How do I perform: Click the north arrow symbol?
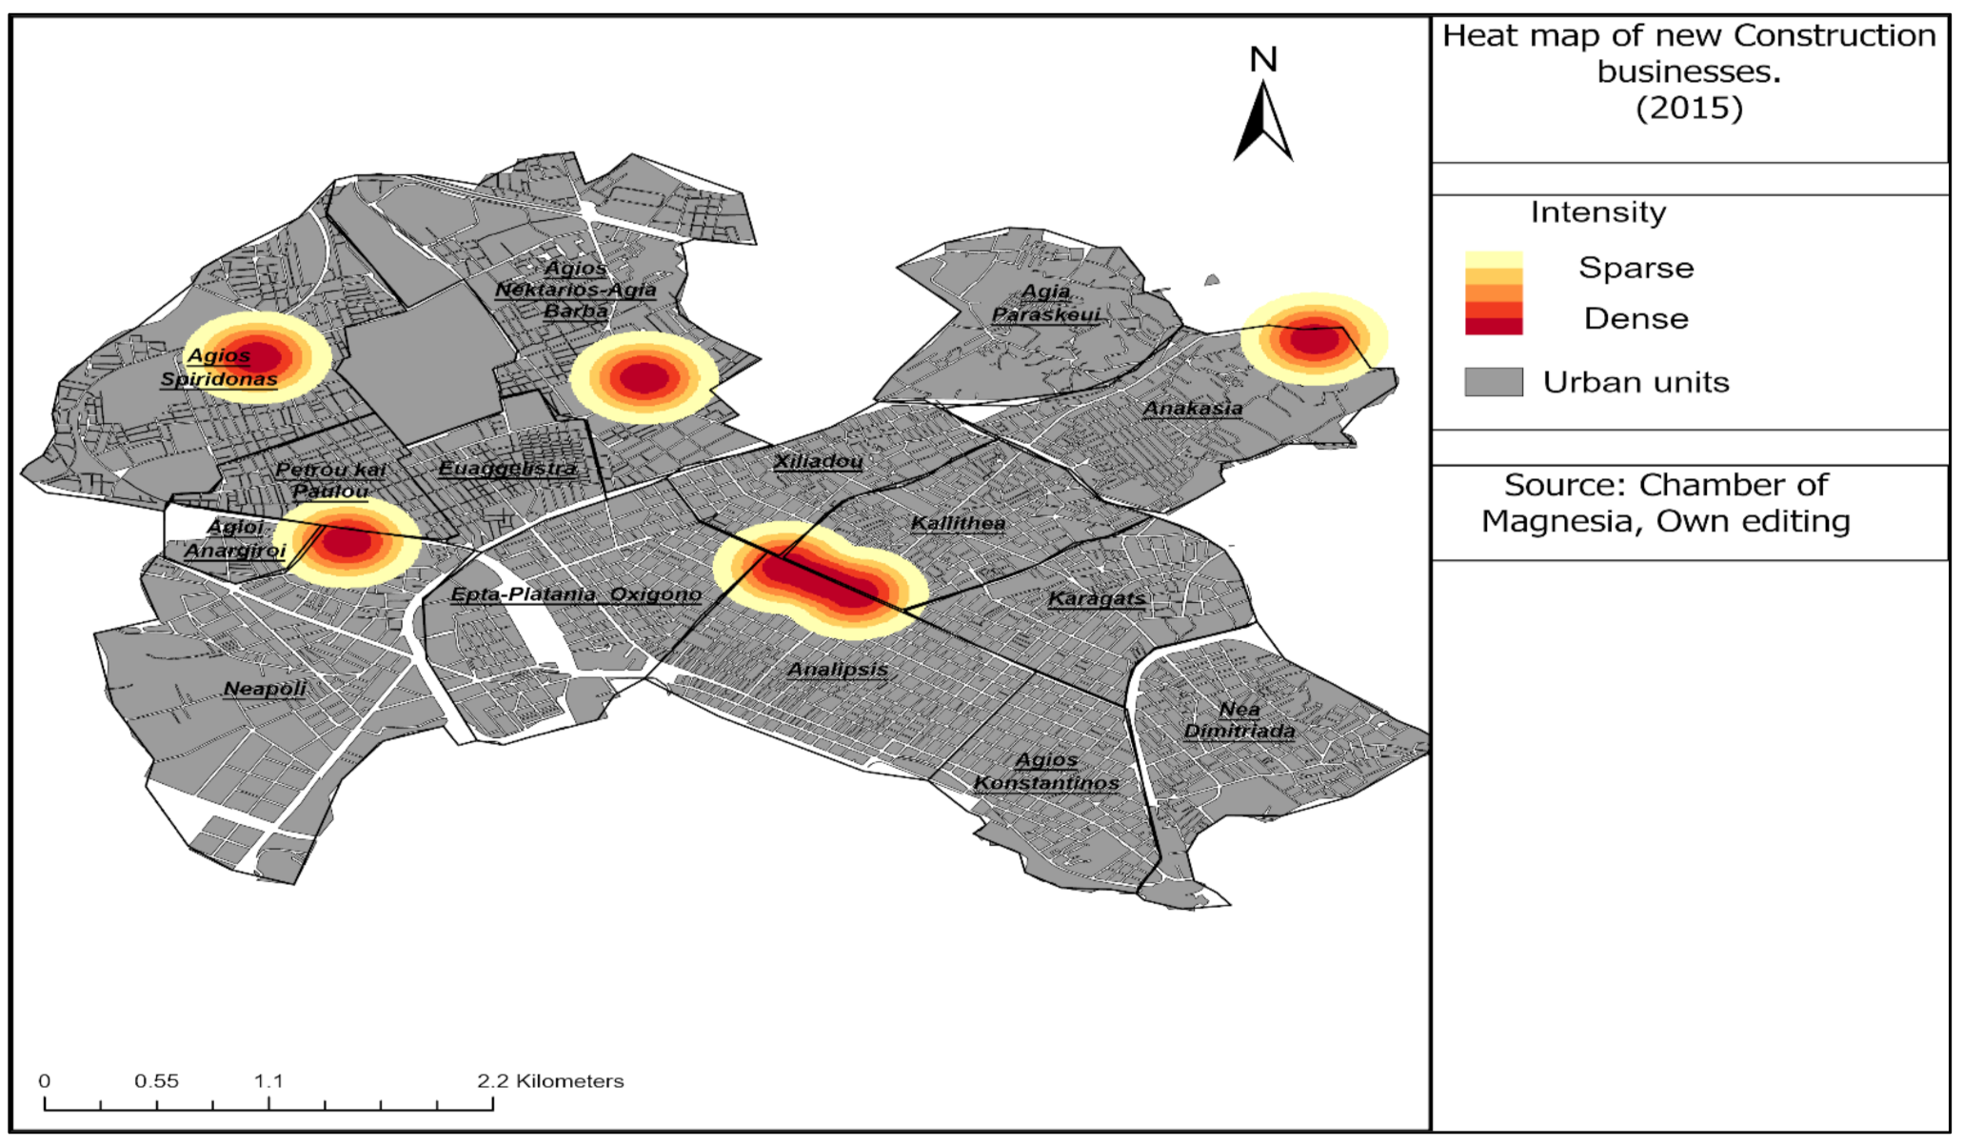point(1263,122)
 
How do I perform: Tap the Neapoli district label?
point(265,689)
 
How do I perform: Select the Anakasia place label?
point(1193,409)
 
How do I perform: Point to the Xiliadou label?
point(818,462)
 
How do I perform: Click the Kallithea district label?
point(958,523)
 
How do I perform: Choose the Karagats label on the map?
point(1097,599)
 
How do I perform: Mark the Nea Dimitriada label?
point(1239,720)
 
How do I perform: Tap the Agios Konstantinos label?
point(1046,772)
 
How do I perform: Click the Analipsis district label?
point(838,670)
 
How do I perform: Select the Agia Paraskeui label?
point(1045,303)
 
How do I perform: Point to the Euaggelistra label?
point(507,469)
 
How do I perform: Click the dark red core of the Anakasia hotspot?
point(1314,338)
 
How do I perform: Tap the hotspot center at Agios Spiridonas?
point(258,357)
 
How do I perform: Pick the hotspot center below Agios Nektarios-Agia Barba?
point(644,377)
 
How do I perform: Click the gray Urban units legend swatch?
point(1493,382)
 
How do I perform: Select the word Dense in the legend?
point(1636,318)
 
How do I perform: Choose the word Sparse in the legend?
point(1636,268)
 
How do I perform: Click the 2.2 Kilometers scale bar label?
point(550,1081)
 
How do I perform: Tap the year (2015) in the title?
point(1689,108)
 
